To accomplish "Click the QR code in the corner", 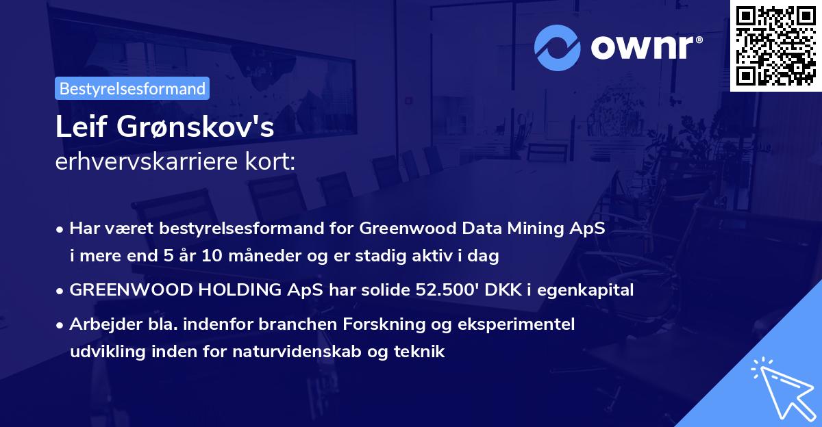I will (776, 46).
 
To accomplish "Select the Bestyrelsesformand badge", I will (132, 88).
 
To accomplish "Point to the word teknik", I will (421, 352).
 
